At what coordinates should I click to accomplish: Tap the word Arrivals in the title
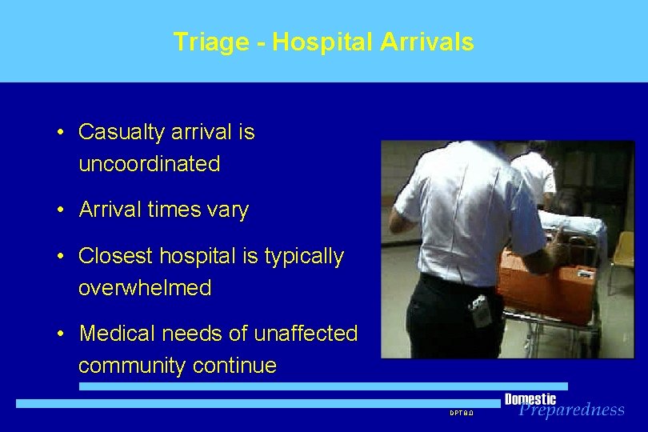coord(426,42)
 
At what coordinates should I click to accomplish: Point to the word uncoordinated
coord(149,164)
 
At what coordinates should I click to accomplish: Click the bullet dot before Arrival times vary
coord(61,210)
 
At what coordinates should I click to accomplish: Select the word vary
coord(228,210)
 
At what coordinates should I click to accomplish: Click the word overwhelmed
coord(144,288)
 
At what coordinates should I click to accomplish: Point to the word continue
coord(238,366)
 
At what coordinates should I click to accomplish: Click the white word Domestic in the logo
coord(530,399)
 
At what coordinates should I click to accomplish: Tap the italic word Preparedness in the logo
coord(571,410)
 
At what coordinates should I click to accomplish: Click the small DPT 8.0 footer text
coord(461,413)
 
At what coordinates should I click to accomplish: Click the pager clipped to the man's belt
coord(482,310)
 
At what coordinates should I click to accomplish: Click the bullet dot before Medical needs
coord(61,334)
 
